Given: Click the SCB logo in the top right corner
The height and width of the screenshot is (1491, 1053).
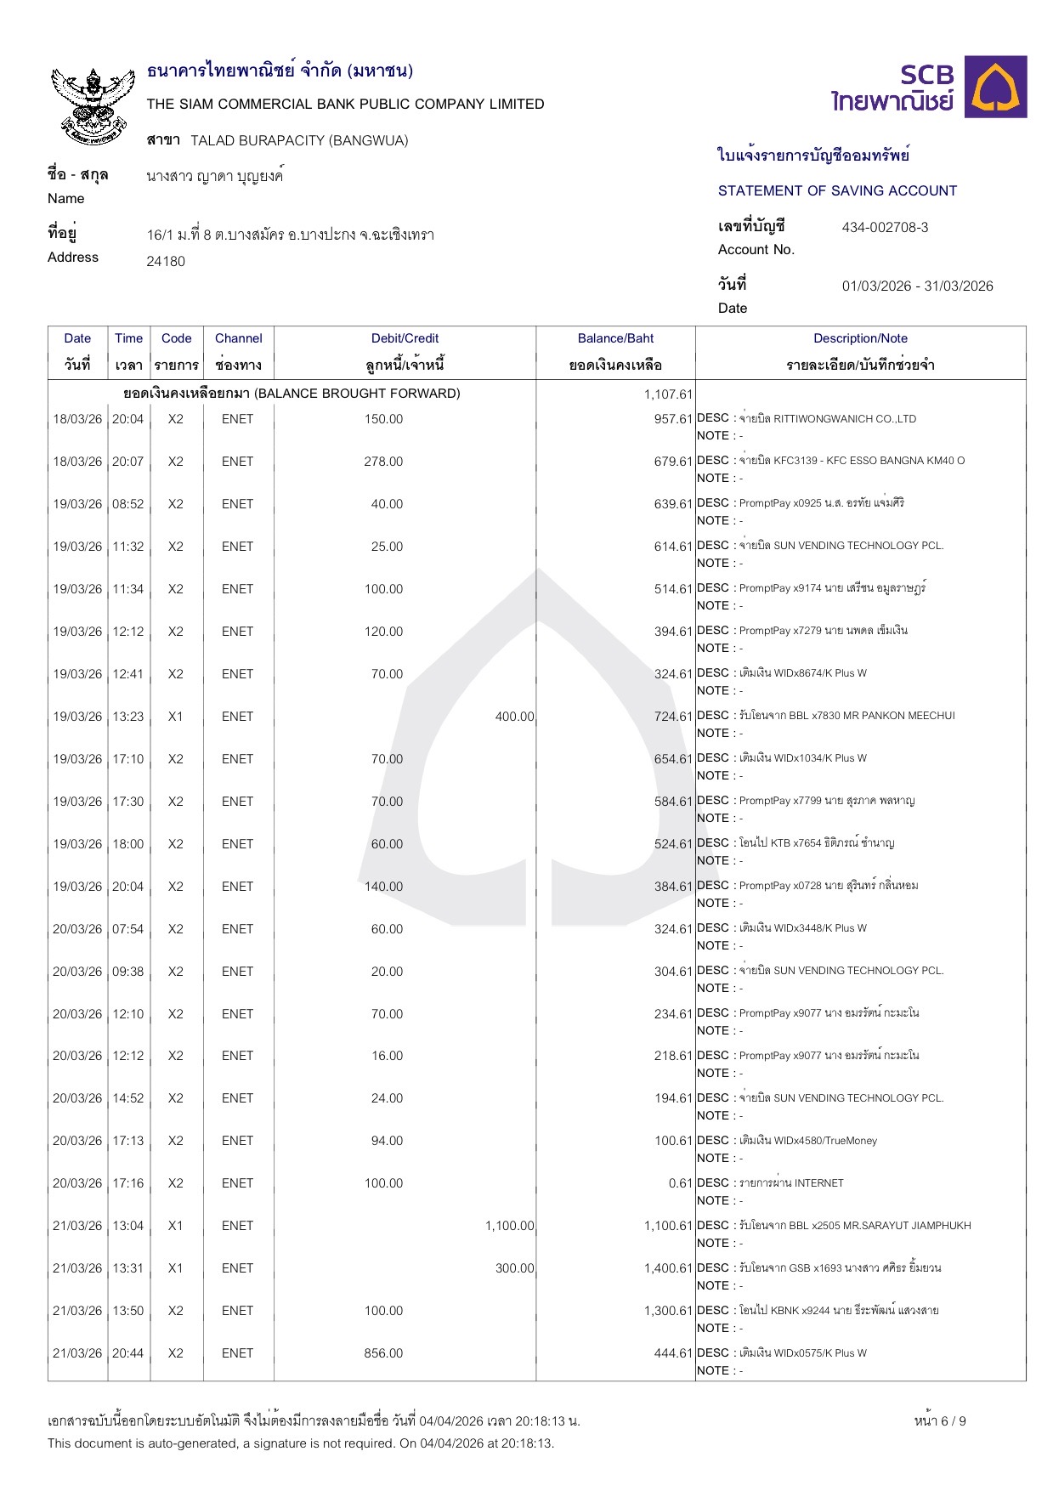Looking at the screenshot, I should pos(929,88).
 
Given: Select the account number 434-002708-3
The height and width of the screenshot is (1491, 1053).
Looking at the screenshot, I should pos(885,227).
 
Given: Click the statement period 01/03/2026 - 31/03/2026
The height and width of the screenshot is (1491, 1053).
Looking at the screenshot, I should pos(917,286).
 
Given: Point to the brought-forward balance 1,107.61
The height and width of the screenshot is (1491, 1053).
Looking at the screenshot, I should pos(668,394).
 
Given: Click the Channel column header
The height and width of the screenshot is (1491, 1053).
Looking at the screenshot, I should pos(238,338).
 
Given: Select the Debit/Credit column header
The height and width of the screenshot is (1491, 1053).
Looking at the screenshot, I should pos(405,338).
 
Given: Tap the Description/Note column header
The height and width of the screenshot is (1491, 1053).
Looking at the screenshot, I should pos(860,338).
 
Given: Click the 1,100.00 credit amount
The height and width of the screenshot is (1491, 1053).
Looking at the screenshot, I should pos(510,1226).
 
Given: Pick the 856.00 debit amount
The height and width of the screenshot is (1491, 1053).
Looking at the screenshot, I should pos(383,1353).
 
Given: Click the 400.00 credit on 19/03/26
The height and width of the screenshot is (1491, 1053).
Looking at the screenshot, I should pos(514,717).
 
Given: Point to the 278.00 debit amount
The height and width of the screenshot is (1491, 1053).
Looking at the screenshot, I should pos(383,462).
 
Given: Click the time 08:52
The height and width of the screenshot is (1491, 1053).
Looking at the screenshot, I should pos(128,504).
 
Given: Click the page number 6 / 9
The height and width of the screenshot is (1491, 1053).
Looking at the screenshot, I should pos(940,1420).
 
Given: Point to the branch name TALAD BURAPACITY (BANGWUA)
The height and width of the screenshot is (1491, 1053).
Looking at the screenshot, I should pos(299,140).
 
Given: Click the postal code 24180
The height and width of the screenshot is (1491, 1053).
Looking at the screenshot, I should pos(166,261).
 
